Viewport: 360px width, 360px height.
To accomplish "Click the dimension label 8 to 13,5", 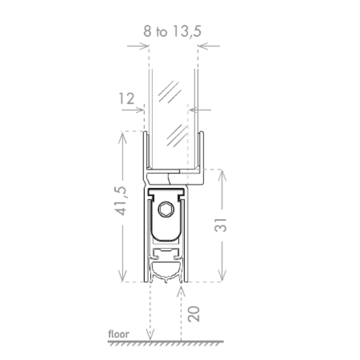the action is point(172,31).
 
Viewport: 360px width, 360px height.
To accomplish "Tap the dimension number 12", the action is point(127,99).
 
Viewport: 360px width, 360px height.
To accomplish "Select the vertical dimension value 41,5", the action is point(120,201).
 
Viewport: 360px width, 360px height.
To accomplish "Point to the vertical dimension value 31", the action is point(221,225).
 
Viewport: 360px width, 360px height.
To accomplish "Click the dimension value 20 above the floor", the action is point(194,314).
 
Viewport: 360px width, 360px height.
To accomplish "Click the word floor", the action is point(119,334).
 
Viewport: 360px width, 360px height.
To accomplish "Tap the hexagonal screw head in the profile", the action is point(166,209).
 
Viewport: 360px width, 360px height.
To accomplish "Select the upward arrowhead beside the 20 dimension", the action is point(181,291).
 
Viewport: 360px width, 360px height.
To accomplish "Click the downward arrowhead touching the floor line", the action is point(150,334).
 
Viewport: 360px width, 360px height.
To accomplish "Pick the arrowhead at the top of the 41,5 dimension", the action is point(122,138).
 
